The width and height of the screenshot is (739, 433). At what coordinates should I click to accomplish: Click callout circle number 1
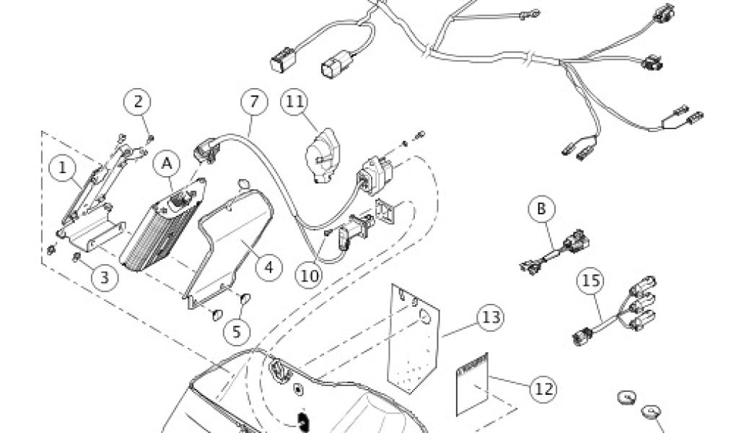(x=63, y=169)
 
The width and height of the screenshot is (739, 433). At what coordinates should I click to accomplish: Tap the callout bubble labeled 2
(x=140, y=102)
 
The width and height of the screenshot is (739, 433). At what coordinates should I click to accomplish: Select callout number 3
(x=105, y=277)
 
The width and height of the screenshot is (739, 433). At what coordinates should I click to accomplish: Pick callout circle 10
(x=310, y=274)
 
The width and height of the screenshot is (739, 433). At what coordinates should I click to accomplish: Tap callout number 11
(x=294, y=102)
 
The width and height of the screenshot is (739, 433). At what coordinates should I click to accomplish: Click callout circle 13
(x=491, y=317)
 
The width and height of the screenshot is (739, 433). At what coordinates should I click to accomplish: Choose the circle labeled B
(x=541, y=209)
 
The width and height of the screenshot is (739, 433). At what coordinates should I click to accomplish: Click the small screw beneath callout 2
(x=151, y=138)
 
